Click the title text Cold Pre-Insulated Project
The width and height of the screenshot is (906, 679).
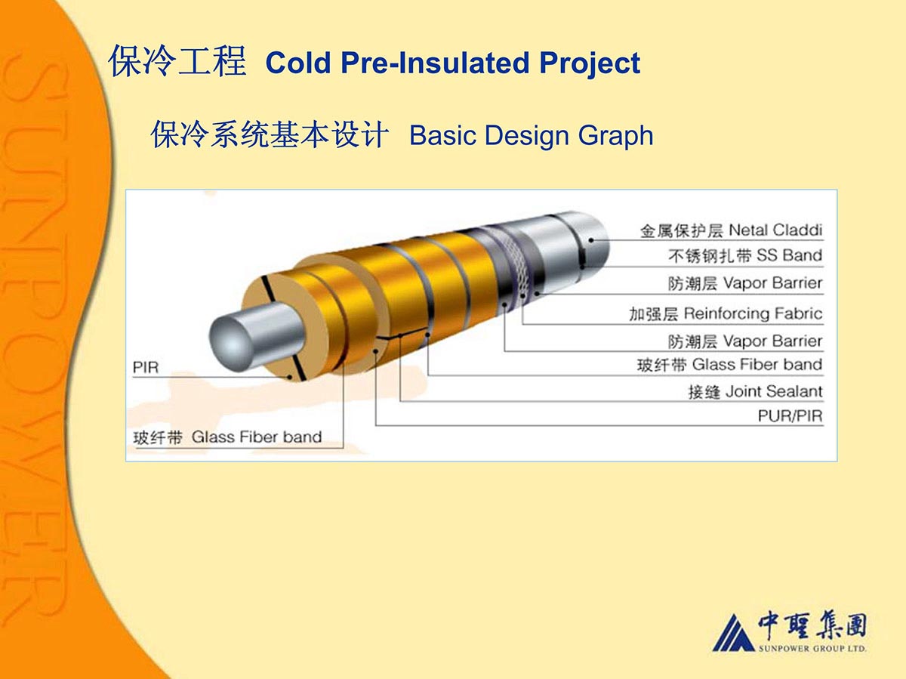point(452,63)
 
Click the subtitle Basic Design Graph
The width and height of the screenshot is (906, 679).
point(532,135)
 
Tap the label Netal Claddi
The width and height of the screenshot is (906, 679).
point(775,230)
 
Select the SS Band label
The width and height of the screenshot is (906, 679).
point(789,255)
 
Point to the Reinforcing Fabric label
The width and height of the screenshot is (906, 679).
point(753,313)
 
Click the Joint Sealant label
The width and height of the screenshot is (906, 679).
point(774,391)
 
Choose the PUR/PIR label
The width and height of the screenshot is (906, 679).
point(790,416)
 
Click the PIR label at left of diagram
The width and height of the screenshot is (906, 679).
point(145,367)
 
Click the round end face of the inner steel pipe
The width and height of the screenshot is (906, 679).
point(232,345)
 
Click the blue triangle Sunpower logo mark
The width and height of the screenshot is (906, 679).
point(733,633)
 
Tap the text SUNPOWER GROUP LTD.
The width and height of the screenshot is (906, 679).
point(812,649)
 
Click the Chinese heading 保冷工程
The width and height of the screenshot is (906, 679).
point(177,62)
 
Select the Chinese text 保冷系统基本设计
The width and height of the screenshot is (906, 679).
point(270,134)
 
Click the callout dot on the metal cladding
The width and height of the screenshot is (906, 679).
point(591,240)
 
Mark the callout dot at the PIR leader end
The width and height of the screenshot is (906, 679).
point(290,377)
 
